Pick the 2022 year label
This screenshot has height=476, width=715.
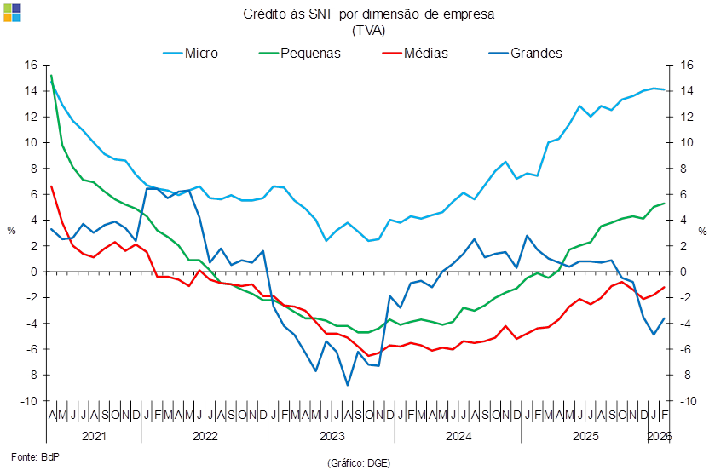(x=204, y=435)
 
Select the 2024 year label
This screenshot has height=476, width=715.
(x=458, y=435)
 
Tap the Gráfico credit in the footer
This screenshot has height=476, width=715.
(x=358, y=462)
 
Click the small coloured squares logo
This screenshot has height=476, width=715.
(x=12, y=12)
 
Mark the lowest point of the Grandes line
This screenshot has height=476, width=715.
(x=348, y=385)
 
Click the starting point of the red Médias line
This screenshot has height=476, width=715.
(x=51, y=186)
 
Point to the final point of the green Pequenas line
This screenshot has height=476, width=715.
(x=665, y=203)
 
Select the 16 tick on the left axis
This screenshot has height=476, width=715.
(x=31, y=65)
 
